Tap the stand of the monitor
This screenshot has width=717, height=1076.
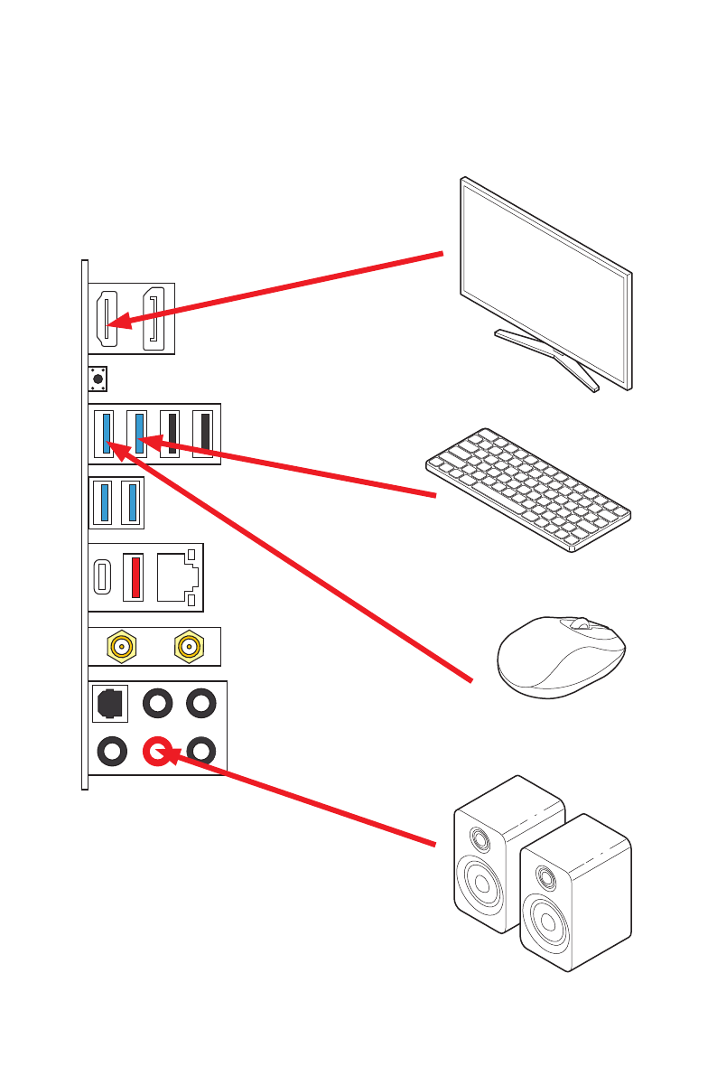click(x=546, y=357)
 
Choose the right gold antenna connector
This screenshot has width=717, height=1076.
click(x=188, y=647)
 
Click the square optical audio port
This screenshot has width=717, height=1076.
click(x=110, y=702)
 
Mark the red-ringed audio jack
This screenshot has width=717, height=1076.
click(x=157, y=749)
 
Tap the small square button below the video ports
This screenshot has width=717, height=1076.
click(x=98, y=379)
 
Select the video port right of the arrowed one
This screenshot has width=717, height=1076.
click(x=154, y=319)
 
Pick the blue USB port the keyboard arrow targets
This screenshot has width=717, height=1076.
click(x=139, y=433)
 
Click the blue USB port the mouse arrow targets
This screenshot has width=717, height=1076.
click(x=107, y=433)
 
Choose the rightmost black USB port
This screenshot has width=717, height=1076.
click(x=204, y=433)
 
